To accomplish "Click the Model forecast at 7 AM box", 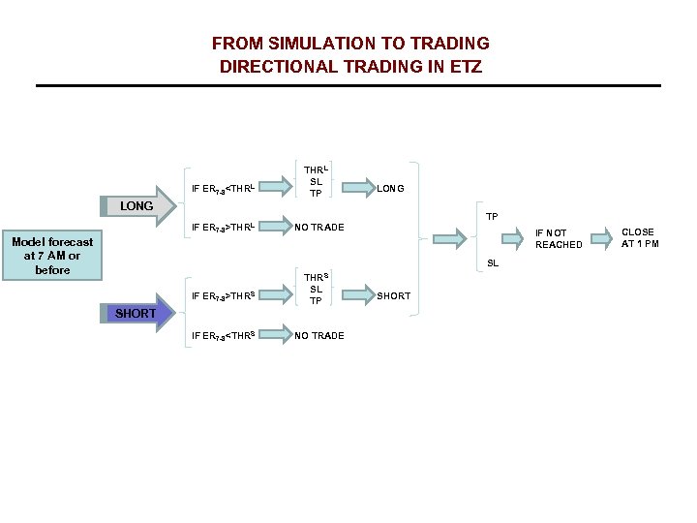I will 52,256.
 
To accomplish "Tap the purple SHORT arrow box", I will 136,313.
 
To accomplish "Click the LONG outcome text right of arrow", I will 390,188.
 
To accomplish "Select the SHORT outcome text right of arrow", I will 393,296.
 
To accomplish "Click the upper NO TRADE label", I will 318,228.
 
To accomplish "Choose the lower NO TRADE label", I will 318,336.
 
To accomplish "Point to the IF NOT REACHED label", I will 559,239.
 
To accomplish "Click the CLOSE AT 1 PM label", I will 639,238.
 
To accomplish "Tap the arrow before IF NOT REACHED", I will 449,237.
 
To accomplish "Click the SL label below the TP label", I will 493,263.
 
